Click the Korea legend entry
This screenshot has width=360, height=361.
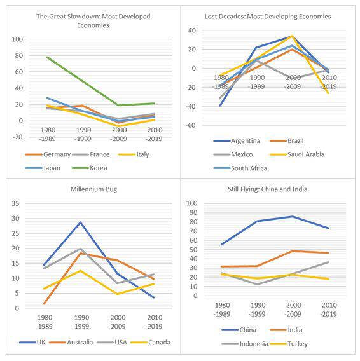coord(90,168)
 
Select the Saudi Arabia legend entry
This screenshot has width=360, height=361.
coord(297,154)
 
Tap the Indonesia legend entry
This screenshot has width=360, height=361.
coord(244,344)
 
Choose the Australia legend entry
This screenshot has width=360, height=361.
coord(71,343)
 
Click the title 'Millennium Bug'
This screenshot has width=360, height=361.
coord(93,189)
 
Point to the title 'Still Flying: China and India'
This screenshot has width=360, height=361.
coord(268,189)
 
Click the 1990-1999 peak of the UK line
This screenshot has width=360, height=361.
coord(80,222)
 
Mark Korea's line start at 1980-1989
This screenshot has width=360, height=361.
coord(47,57)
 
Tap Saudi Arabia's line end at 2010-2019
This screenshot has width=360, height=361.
coord(328,93)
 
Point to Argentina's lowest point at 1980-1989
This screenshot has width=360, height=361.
coord(220,106)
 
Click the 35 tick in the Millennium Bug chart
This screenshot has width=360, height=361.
coord(16,203)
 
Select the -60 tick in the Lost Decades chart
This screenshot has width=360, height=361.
coord(191,125)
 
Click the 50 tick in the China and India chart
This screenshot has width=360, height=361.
coord(194,250)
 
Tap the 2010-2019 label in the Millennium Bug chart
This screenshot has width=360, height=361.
coord(155,322)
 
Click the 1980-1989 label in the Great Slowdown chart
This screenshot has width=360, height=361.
coord(48,135)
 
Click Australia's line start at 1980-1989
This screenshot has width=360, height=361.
coord(44,304)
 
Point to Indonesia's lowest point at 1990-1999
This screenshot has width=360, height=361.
coord(257,284)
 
